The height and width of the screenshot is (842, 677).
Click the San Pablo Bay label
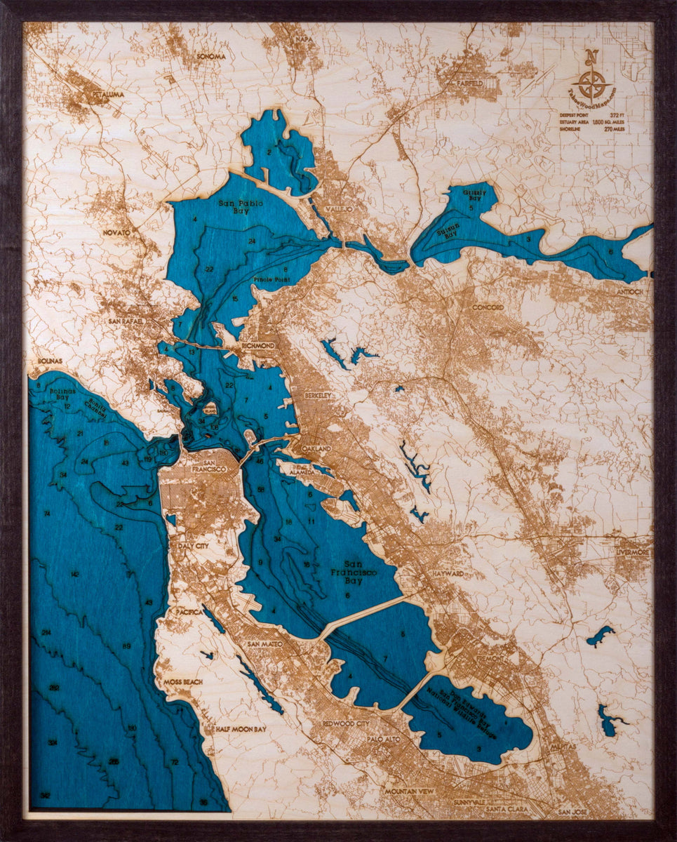click(x=234, y=207)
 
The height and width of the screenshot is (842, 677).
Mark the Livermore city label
click(x=632, y=553)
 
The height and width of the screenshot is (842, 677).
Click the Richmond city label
click(x=257, y=346)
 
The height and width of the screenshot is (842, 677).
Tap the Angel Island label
click(x=209, y=406)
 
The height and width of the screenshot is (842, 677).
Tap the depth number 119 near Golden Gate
click(x=148, y=460)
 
